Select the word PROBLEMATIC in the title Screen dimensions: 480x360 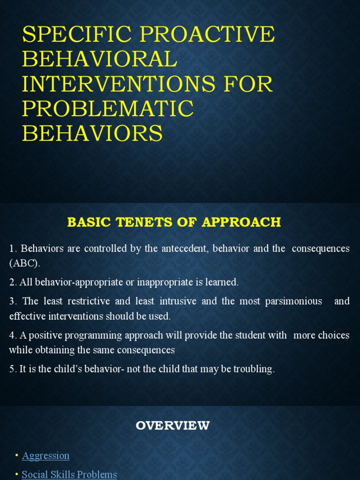point(108,109)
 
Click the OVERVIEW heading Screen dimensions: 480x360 point(172,426)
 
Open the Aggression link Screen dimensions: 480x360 point(45,456)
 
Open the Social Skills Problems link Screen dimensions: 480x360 point(69,474)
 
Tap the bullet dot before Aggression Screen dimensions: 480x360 point(17,456)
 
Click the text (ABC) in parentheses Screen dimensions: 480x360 point(24,263)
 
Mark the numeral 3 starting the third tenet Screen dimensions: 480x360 point(12,301)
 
